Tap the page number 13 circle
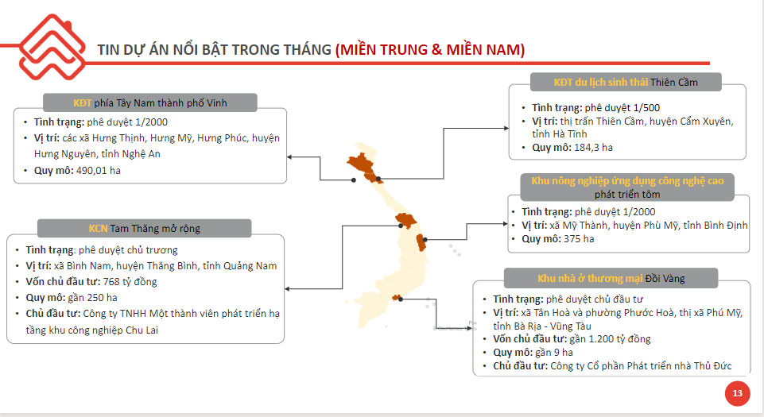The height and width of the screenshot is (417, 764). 737,393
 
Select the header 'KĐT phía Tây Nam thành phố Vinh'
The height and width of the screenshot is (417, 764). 150,102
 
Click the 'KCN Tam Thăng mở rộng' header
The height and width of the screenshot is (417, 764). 144,228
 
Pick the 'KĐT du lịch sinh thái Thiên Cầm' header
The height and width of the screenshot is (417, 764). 626,83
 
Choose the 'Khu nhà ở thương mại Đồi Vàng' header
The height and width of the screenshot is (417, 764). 611,278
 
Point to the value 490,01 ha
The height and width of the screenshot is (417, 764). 99,171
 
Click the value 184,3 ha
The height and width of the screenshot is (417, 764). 593,148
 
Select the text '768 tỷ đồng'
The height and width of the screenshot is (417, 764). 130,282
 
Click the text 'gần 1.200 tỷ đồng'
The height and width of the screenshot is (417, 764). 610,338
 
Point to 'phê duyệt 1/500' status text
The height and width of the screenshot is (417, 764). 622,107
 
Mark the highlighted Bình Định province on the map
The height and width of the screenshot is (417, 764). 421,242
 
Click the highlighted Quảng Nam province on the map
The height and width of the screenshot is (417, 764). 406,221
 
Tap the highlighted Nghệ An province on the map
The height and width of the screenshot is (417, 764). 362,164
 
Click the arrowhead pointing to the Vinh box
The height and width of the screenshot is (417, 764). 289,157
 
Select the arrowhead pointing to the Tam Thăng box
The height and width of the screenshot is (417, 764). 288,289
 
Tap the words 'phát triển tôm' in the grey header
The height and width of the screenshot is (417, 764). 627,195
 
